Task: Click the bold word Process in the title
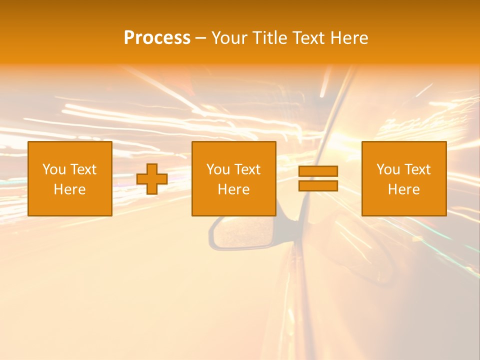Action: point(157,37)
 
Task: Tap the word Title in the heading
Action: point(269,37)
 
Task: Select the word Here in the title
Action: point(349,37)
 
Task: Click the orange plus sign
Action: point(152,179)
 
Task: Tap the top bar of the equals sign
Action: point(318,171)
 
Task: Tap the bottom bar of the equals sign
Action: point(318,185)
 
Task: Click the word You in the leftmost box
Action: point(53,169)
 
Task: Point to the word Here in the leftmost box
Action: point(70,189)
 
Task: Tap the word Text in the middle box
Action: point(247,169)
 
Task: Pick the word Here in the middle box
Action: point(234,189)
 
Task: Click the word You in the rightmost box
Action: point(387,169)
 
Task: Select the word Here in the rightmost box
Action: point(404,189)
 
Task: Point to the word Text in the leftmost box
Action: point(83,169)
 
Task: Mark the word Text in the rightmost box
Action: point(417,169)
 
